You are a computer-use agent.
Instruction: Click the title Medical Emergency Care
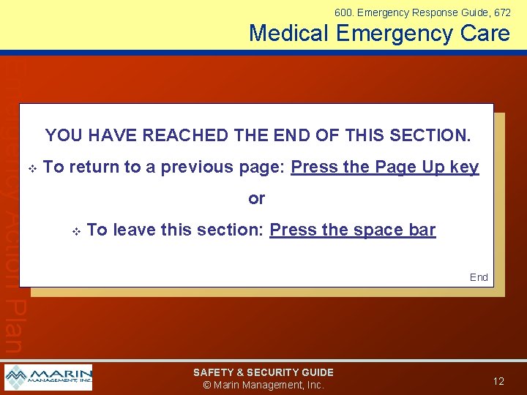click(379, 33)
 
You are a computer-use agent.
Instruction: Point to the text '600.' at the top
click(344, 12)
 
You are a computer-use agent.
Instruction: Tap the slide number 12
click(498, 381)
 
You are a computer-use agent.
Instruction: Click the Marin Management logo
click(48, 377)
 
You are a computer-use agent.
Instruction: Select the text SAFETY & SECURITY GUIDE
click(263, 372)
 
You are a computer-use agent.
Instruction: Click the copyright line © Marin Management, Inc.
click(263, 385)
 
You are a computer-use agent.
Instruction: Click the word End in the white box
click(479, 277)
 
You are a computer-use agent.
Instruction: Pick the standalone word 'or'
click(256, 198)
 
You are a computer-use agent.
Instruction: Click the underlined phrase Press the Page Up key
click(385, 167)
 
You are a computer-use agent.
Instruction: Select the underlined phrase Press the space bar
click(352, 230)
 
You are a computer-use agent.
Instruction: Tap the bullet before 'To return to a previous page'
click(31, 168)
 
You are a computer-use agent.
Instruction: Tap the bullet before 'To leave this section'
click(75, 231)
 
